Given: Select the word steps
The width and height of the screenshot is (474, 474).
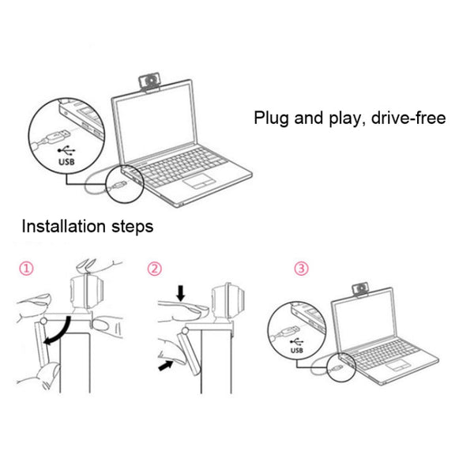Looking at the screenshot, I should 133,228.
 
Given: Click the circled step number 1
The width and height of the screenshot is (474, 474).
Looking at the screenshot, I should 28,269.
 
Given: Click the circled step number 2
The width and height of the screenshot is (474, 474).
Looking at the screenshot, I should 155,269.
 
